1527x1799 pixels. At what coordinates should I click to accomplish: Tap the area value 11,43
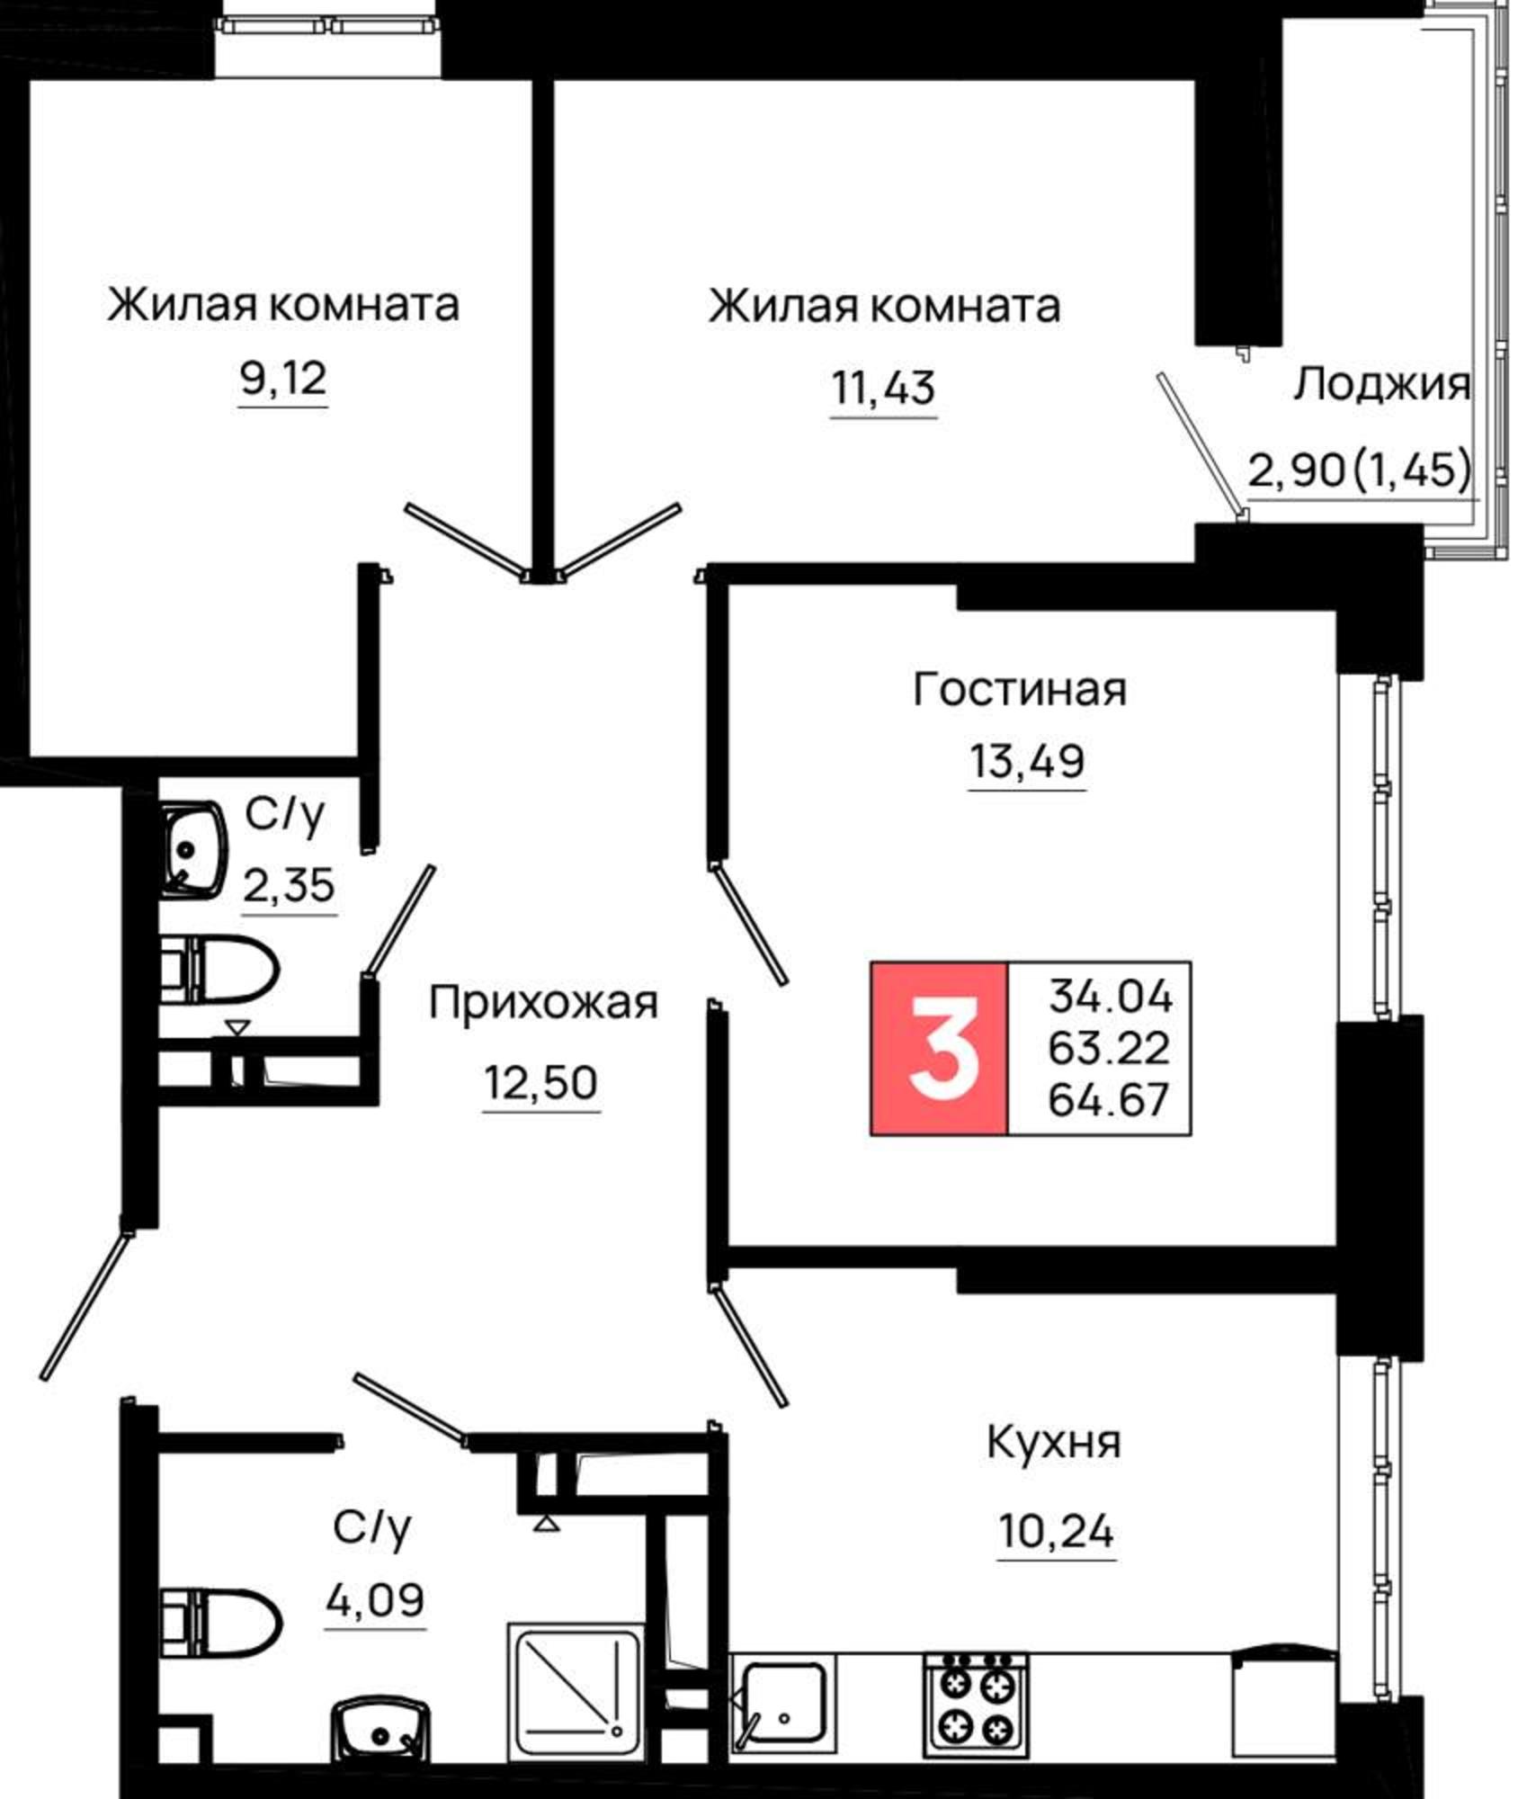click(883, 389)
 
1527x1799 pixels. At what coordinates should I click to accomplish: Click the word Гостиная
click(1020, 690)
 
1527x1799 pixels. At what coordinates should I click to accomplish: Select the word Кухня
click(1054, 1443)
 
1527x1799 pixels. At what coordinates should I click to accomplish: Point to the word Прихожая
click(543, 1002)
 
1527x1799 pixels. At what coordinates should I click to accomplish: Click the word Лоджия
click(1382, 385)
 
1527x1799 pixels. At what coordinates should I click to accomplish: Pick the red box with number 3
click(939, 1048)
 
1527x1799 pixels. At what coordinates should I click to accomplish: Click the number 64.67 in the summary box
click(1109, 1099)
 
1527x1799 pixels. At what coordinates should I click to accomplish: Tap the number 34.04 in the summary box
click(1111, 996)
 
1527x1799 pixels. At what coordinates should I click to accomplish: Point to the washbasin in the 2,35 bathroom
click(192, 849)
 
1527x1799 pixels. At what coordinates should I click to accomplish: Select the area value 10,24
click(1056, 1530)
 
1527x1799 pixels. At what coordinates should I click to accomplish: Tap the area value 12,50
click(540, 1082)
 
